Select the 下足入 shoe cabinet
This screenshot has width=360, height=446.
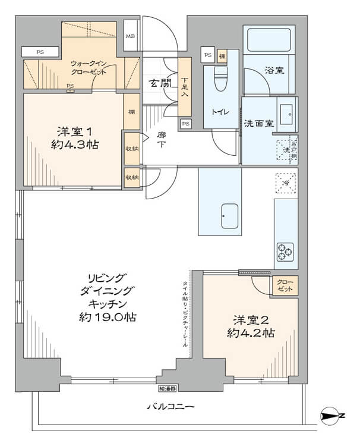tap(185, 87)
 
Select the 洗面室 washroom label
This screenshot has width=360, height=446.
tap(258, 124)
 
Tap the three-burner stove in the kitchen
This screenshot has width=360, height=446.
tap(286, 251)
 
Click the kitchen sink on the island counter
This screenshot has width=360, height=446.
tap(229, 216)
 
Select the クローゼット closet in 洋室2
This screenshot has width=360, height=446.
tap(285, 285)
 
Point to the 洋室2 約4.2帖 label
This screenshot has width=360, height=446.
tap(251, 326)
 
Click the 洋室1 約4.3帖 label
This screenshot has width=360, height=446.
tap(75, 138)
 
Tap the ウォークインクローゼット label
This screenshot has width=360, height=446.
tap(90, 67)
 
